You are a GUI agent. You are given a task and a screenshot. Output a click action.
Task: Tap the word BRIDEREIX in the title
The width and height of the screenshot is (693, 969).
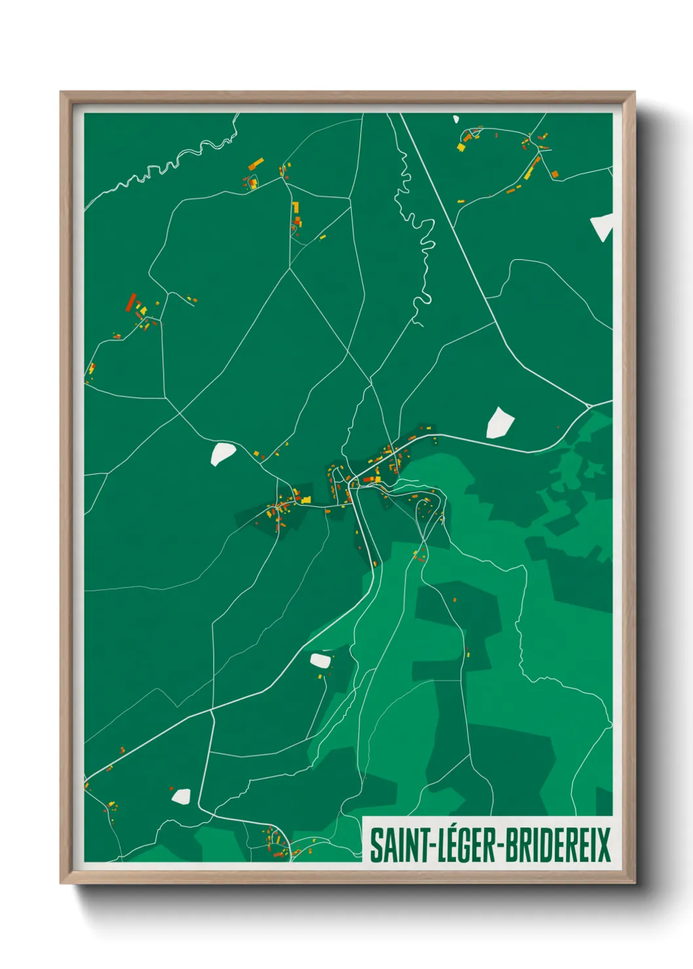tap(557, 845)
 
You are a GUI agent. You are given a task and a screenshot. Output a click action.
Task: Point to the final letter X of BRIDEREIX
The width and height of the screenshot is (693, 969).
tap(603, 845)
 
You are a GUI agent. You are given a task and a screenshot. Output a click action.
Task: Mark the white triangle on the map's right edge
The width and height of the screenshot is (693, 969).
tap(603, 227)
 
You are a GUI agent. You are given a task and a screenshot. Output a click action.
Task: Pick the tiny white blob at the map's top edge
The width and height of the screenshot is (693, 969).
tap(456, 119)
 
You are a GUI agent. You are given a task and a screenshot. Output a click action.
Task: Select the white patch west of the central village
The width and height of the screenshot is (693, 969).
tap(222, 453)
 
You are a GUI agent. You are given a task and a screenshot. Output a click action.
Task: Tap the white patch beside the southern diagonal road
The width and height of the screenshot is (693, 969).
tap(321, 659)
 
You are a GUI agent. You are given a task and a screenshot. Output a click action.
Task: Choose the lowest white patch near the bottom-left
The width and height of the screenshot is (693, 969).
tap(181, 796)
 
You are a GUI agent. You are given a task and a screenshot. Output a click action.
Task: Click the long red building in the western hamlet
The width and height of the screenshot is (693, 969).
tap(131, 302)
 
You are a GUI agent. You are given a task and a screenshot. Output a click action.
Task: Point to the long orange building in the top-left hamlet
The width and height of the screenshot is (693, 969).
tap(256, 163)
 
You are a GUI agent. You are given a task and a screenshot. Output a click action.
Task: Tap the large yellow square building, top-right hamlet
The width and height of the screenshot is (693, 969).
tap(461, 147)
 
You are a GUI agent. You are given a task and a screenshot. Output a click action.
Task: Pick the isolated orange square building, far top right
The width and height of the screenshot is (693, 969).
tap(555, 174)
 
